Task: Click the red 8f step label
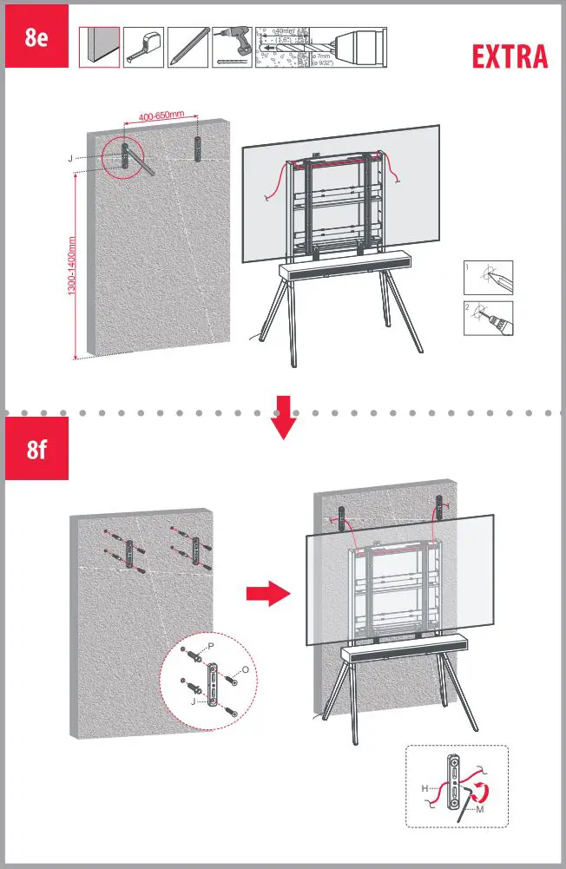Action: click(36, 449)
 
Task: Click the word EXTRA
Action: click(510, 57)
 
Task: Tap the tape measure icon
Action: click(143, 46)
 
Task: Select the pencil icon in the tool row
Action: click(187, 46)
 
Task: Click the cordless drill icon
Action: click(231, 46)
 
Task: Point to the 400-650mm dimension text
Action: click(161, 116)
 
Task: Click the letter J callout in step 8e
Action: click(69, 159)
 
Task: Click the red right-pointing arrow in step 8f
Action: click(267, 595)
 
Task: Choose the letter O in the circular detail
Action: click(246, 671)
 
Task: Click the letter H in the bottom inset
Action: click(424, 788)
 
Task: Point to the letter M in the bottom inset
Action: click(480, 809)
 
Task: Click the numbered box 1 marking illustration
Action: click(487, 278)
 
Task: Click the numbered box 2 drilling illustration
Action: click(487, 319)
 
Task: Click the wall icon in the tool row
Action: click(99, 46)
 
